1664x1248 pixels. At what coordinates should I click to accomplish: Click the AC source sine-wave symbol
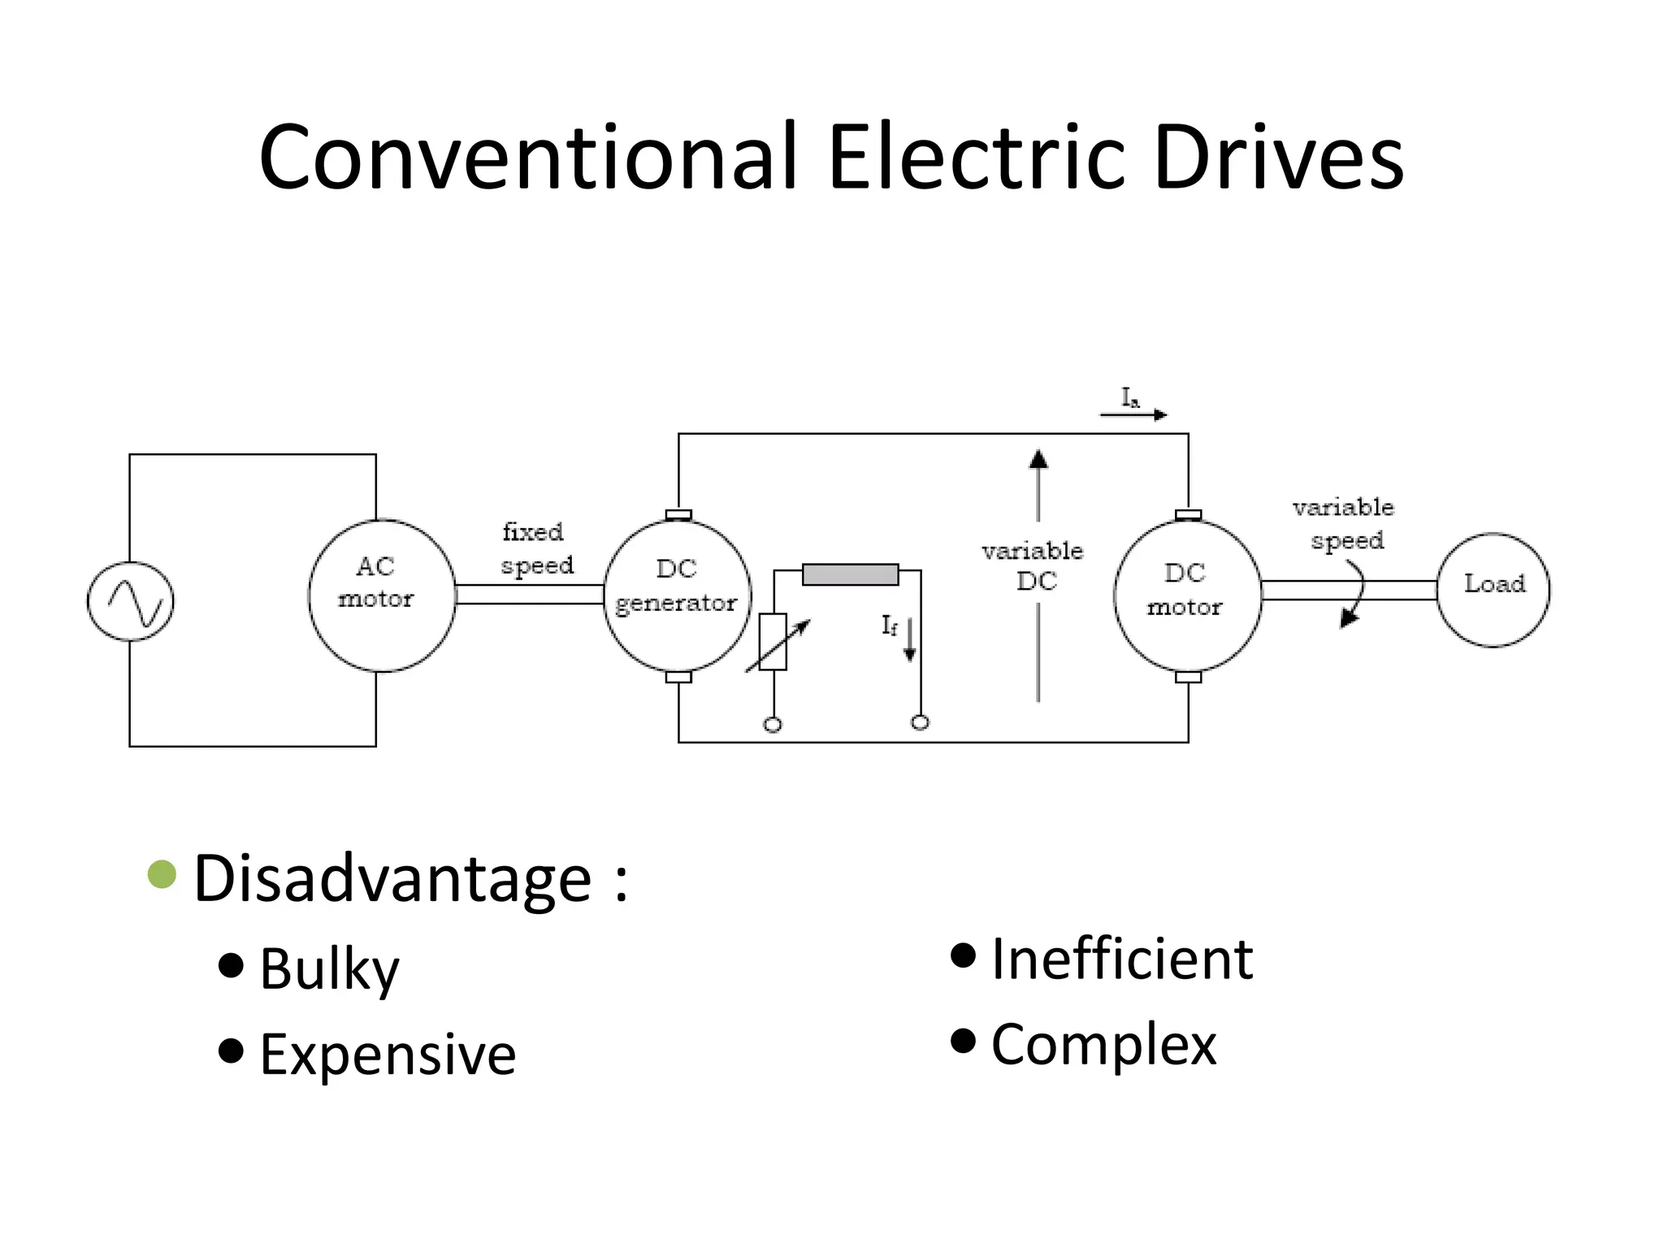tap(130, 601)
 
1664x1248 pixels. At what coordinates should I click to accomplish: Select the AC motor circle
tap(381, 596)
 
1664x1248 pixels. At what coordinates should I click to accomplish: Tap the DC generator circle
tap(677, 596)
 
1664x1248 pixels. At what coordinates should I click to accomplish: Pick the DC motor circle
tap(1187, 596)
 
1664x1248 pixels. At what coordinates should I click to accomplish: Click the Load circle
tap(1493, 590)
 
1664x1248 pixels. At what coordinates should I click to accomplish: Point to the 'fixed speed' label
tap(537, 549)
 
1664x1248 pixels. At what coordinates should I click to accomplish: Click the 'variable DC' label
tap(1033, 566)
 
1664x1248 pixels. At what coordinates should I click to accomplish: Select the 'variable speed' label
tap(1345, 524)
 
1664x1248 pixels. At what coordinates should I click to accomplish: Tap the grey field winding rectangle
tap(850, 574)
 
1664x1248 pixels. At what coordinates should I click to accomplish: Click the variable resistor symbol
tap(773, 642)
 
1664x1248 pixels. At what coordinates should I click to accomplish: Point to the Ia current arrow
tap(1134, 414)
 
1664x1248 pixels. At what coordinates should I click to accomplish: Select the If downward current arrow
tap(910, 639)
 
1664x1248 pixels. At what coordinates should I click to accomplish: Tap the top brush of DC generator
tap(678, 514)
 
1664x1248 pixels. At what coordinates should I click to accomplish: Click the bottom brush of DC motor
tap(1188, 677)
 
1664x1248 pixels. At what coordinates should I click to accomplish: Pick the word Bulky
tap(329, 968)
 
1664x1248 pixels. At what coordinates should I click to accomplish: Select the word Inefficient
tap(1121, 960)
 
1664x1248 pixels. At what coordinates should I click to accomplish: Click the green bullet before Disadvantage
tap(162, 874)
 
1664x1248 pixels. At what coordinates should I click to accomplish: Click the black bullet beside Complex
tap(963, 1040)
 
